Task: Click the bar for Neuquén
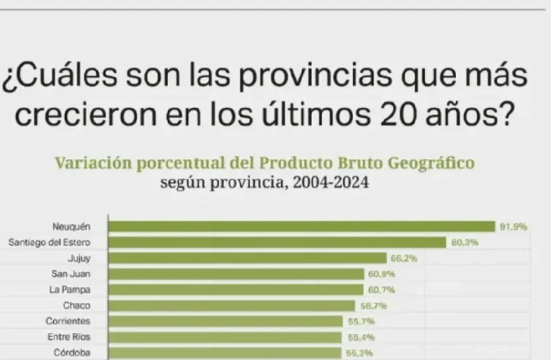pyautogui.click(x=301, y=227)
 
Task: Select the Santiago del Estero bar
pyautogui.click(x=277, y=243)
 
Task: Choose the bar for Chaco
pyautogui.click(x=231, y=305)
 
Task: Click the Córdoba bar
pyautogui.click(x=225, y=352)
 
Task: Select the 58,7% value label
pyautogui.click(x=371, y=305)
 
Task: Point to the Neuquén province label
pyautogui.click(x=74, y=227)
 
